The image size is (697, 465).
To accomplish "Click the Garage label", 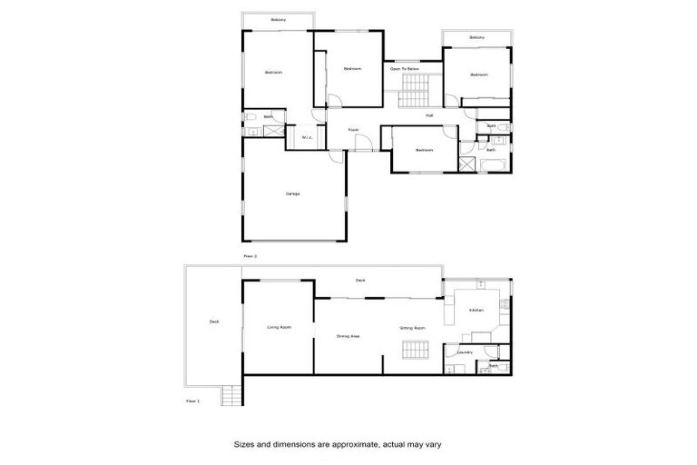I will pyautogui.click(x=292, y=193).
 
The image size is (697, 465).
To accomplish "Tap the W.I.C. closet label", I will pyautogui.click(x=307, y=138).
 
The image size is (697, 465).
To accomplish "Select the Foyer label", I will pyautogui.click(x=353, y=130).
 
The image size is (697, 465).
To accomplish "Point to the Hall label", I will pyautogui.click(x=429, y=115).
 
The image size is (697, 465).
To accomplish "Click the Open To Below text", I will pyautogui.click(x=404, y=69).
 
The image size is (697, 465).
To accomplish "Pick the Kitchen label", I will pyautogui.click(x=476, y=311).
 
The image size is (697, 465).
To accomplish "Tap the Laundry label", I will pyautogui.click(x=465, y=351).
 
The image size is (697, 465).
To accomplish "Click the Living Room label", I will pyautogui.click(x=279, y=327).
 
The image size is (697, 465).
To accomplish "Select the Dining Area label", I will pyautogui.click(x=348, y=336).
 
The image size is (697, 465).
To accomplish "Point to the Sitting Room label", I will pyautogui.click(x=413, y=327).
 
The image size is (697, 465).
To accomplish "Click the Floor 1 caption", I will pyautogui.click(x=192, y=400).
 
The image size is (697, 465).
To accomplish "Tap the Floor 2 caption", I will pyautogui.click(x=250, y=257).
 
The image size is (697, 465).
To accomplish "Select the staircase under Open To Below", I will pyautogui.click(x=413, y=90).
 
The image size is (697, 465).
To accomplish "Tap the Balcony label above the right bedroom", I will pyautogui.click(x=476, y=37).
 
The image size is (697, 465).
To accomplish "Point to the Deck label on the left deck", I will pyautogui.click(x=213, y=321).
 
